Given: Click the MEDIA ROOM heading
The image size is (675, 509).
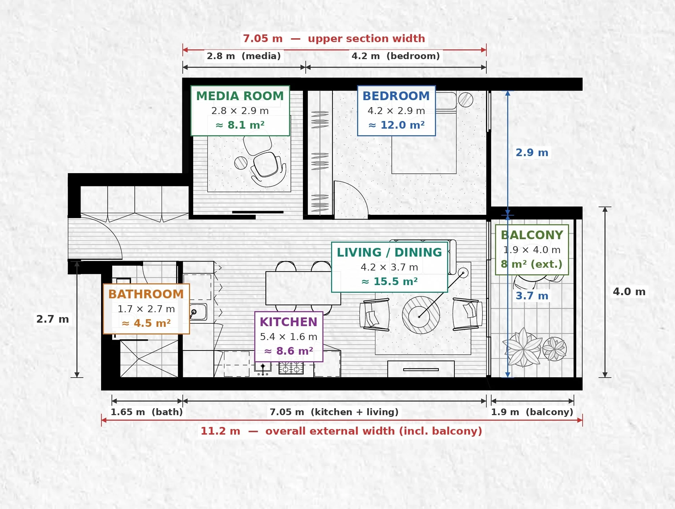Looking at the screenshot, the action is pyautogui.click(x=240, y=96).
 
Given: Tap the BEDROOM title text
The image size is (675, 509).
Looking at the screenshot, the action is pyautogui.click(x=396, y=96).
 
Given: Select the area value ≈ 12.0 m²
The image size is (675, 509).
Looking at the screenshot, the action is pyautogui.click(x=396, y=125).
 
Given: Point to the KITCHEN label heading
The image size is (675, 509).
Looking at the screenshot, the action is pyautogui.click(x=289, y=322).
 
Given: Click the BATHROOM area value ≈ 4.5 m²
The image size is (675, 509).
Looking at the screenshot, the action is pyautogui.click(x=146, y=323).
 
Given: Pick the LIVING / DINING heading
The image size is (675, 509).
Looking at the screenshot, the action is pyautogui.click(x=389, y=252).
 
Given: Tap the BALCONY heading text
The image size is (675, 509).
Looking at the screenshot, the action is pyautogui.click(x=532, y=235).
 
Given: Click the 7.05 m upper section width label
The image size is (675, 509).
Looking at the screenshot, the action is pyautogui.click(x=334, y=38).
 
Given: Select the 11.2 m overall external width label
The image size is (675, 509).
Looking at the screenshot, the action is pyautogui.click(x=341, y=431).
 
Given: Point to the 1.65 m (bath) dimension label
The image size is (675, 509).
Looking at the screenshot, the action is pyautogui.click(x=147, y=412).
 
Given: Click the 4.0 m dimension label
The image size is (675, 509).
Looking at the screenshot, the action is pyautogui.click(x=629, y=292).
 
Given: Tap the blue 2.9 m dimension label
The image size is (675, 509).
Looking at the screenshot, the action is pyautogui.click(x=532, y=153).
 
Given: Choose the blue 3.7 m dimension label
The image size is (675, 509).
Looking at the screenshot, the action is pyautogui.click(x=532, y=296).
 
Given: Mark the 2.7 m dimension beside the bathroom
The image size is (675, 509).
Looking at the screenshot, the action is pyautogui.click(x=53, y=319).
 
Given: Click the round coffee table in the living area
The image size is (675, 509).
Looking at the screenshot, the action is pyautogui.click(x=421, y=315).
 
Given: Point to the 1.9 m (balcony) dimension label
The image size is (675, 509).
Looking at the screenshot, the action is pyautogui.click(x=532, y=412).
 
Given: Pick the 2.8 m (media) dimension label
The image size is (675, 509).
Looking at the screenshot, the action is pyautogui.click(x=244, y=56).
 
